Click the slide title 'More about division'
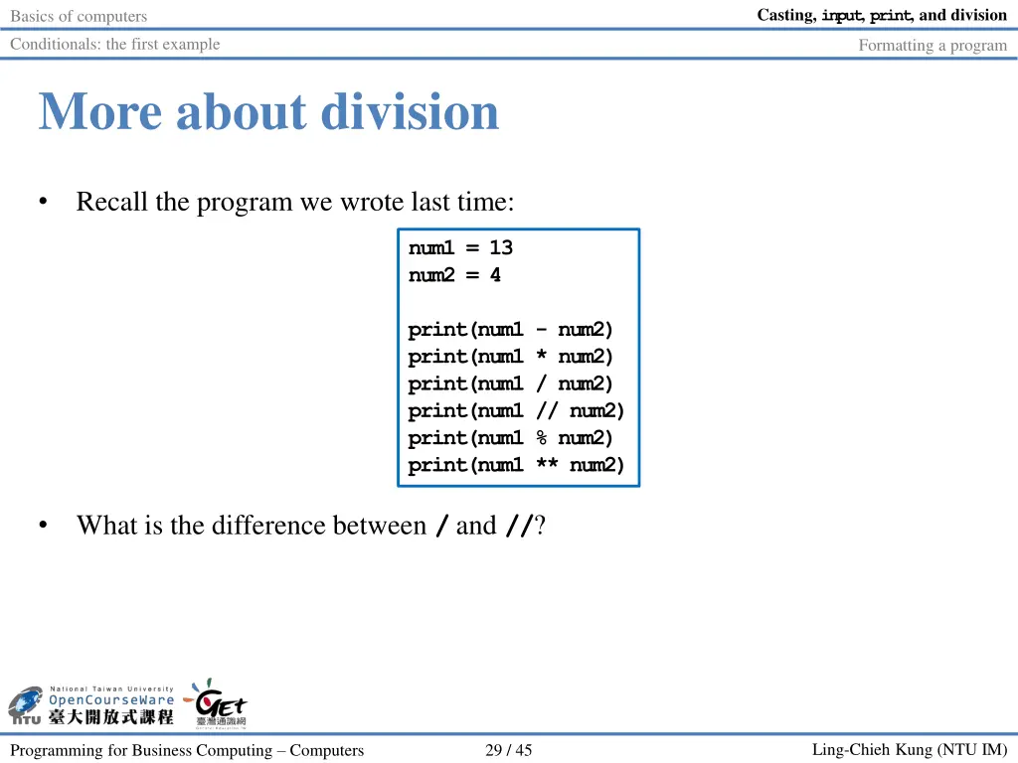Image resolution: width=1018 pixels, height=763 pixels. click(x=268, y=111)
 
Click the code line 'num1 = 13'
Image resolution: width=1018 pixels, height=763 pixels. click(x=460, y=247)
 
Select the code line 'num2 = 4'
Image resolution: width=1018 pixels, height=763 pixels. click(x=454, y=275)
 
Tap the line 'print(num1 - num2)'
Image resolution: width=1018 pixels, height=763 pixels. click(x=511, y=330)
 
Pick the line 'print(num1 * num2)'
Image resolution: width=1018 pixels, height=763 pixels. click(x=511, y=357)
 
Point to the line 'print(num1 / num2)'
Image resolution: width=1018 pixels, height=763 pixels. click(x=511, y=383)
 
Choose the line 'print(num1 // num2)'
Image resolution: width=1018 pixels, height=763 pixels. click(x=516, y=410)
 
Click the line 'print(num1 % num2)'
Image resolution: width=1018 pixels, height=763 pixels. click(x=511, y=438)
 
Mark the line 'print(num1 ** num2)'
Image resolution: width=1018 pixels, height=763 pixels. click(x=516, y=465)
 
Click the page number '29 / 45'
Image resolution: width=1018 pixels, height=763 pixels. click(x=508, y=750)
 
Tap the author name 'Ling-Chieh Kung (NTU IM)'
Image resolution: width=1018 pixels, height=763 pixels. click(x=909, y=750)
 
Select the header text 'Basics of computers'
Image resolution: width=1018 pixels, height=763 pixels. click(x=79, y=16)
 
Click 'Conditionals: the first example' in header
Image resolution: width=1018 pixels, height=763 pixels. click(x=115, y=44)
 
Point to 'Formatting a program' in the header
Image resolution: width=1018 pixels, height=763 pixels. click(x=933, y=45)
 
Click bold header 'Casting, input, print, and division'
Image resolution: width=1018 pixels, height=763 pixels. click(x=882, y=15)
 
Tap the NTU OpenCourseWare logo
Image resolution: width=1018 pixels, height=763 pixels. click(x=91, y=704)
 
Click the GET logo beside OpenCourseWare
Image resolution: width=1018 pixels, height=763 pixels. click(x=218, y=703)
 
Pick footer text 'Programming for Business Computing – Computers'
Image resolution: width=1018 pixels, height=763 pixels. click(x=187, y=750)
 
